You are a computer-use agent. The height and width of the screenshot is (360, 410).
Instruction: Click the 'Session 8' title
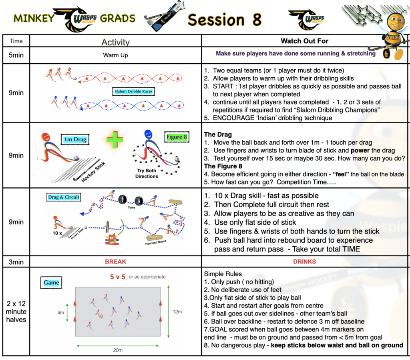[x=224, y=19]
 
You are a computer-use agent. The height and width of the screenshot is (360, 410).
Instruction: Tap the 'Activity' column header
[x=115, y=42]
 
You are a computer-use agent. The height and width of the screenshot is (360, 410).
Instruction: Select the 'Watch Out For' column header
[x=304, y=41]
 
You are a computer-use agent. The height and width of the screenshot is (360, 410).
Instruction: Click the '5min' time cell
[x=16, y=55]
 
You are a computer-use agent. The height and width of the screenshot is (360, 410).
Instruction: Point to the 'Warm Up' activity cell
[x=115, y=55]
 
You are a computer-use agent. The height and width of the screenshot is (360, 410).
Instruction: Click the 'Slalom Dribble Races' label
[x=133, y=91]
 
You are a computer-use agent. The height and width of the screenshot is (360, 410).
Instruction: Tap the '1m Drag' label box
[x=75, y=140]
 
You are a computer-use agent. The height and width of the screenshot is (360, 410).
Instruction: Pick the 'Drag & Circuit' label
[x=64, y=197]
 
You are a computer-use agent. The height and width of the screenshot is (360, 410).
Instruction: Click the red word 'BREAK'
[x=115, y=261]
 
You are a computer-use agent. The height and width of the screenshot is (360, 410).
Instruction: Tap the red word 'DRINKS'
[x=304, y=261]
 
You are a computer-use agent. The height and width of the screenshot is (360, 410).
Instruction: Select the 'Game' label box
[x=51, y=283]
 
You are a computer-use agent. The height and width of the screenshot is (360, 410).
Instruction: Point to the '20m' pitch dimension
[x=117, y=350]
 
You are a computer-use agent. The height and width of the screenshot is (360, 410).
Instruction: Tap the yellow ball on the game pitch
[x=102, y=316]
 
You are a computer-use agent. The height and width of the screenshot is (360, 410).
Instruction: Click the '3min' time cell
[x=16, y=261]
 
